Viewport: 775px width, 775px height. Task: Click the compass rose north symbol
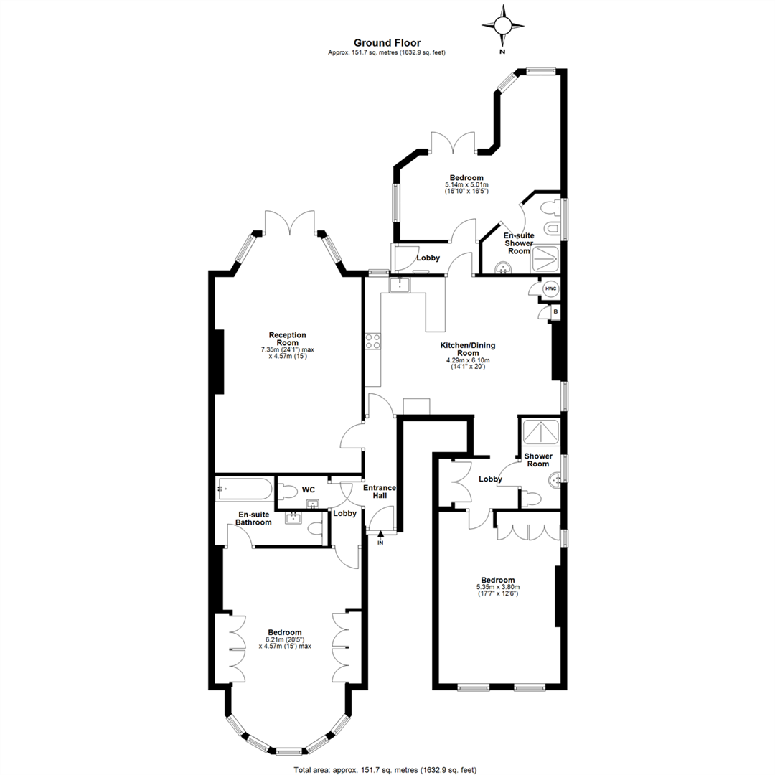[502, 27]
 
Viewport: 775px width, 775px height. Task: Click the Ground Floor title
[387, 43]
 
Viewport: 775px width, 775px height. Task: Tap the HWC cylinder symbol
[550, 288]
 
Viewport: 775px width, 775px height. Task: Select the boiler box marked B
[555, 312]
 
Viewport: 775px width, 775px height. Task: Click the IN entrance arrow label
[380, 543]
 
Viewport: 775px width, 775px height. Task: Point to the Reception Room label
[288, 339]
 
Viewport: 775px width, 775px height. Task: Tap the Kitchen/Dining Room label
[468, 349]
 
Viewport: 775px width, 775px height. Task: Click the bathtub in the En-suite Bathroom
[244, 489]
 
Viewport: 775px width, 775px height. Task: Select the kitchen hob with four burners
[372, 341]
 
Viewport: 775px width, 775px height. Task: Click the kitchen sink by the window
[399, 285]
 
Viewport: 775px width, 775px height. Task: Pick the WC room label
[309, 490]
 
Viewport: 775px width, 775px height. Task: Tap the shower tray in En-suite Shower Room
[545, 258]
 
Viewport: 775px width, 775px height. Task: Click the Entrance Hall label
[380, 492]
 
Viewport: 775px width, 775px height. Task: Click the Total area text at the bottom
[385, 770]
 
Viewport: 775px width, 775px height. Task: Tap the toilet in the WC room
[286, 491]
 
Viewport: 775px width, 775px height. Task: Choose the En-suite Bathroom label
[253, 519]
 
